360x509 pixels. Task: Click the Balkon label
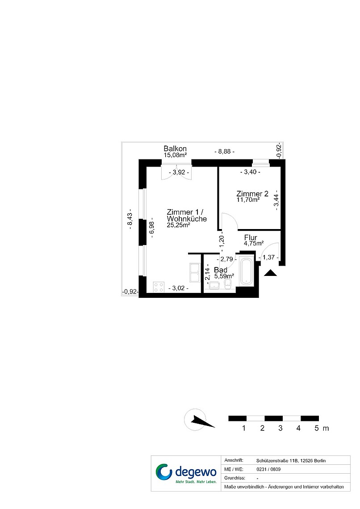tap(175, 149)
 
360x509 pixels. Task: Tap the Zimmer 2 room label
tap(252, 194)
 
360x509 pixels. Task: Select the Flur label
tap(251, 238)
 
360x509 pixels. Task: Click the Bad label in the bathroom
tap(221, 270)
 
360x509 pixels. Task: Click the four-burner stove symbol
tap(159, 287)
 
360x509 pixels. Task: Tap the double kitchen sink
tap(196, 272)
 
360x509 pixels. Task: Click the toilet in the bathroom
tap(228, 284)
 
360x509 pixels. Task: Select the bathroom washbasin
tap(214, 285)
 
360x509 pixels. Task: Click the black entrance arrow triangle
tap(270, 273)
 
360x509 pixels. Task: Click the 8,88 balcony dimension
tap(224, 151)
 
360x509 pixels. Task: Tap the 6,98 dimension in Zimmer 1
tap(151, 229)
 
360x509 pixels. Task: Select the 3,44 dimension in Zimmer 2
tap(276, 200)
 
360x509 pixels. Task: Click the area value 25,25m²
tap(179, 225)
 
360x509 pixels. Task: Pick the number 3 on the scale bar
tap(280, 428)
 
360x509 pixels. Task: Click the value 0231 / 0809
tap(268, 469)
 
